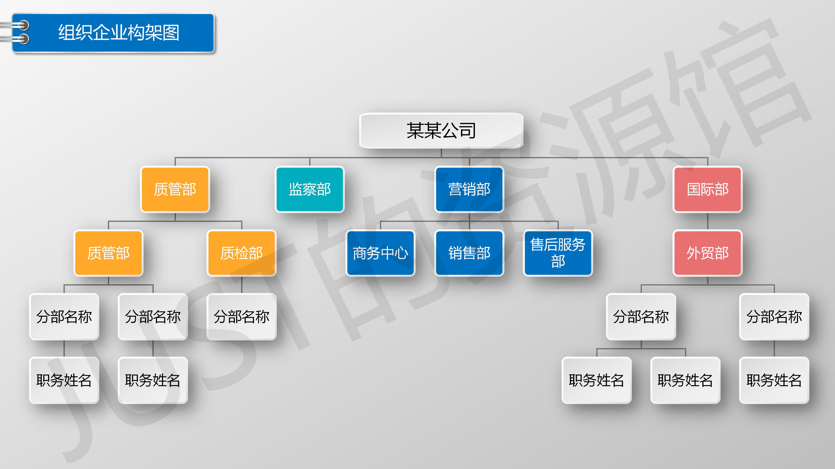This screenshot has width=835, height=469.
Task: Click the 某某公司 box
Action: (x=441, y=130)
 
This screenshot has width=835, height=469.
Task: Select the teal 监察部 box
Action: (x=310, y=189)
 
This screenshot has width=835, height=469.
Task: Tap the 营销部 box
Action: (x=469, y=189)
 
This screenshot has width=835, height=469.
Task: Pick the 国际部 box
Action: (x=708, y=189)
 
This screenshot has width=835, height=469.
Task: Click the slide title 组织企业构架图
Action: (x=119, y=33)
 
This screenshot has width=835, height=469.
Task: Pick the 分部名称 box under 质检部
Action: (x=242, y=317)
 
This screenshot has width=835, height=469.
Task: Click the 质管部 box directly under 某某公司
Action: (x=175, y=189)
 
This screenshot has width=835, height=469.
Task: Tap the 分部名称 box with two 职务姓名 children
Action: (x=641, y=317)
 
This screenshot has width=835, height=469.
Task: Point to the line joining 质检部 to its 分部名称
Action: (x=242, y=285)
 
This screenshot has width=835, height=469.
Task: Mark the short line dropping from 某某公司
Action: (x=441, y=153)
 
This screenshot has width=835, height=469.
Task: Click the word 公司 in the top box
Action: (x=459, y=130)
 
